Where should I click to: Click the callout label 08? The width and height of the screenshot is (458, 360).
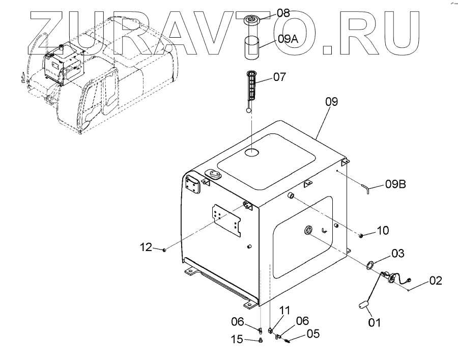[x=283, y=13]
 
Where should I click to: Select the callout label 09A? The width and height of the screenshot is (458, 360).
[x=290, y=38]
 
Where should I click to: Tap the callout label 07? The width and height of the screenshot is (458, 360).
[x=280, y=77]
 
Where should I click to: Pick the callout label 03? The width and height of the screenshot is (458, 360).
[x=397, y=253]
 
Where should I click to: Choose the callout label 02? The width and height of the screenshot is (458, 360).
[x=436, y=280]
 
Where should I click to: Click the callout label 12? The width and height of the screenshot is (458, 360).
[x=146, y=247]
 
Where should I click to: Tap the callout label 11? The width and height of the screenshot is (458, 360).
[x=284, y=310]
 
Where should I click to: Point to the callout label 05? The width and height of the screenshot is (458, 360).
[x=313, y=335]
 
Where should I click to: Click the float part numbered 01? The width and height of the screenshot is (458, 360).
[x=362, y=304]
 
